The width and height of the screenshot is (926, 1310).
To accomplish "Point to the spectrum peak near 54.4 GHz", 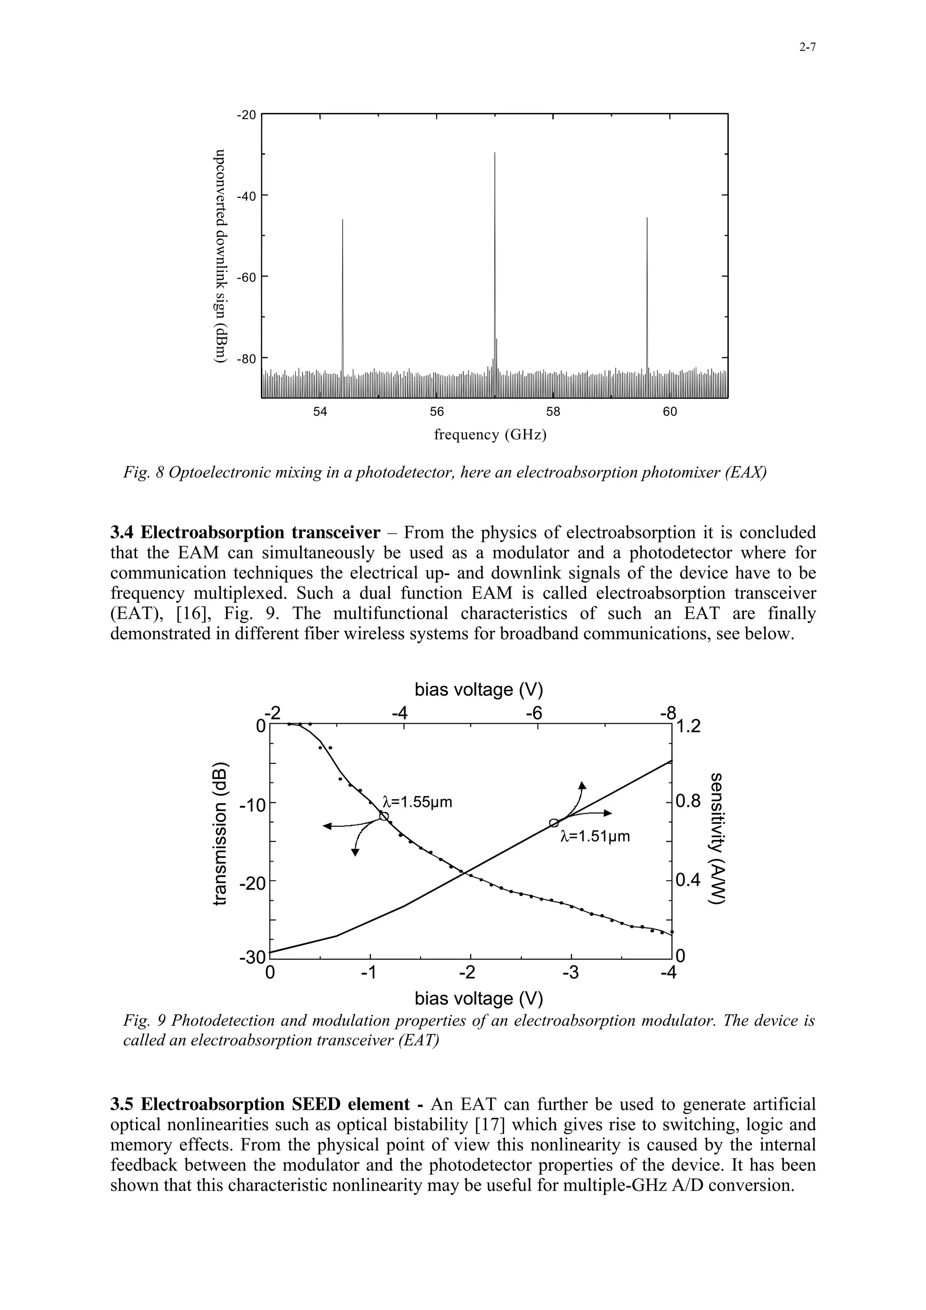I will click(x=342, y=220).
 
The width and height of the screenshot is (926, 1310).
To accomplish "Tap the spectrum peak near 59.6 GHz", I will click(x=647, y=218).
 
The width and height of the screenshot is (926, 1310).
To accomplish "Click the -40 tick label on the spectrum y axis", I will click(x=247, y=196).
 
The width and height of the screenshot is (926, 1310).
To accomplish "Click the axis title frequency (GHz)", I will click(x=490, y=435).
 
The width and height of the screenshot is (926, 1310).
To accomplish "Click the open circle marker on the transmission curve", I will click(x=384, y=817).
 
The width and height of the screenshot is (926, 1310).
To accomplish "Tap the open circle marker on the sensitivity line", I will click(x=553, y=823).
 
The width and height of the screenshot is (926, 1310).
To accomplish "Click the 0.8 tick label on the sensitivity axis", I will click(x=688, y=801).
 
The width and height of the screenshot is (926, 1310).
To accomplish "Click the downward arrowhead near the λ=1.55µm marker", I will click(x=355, y=853).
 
